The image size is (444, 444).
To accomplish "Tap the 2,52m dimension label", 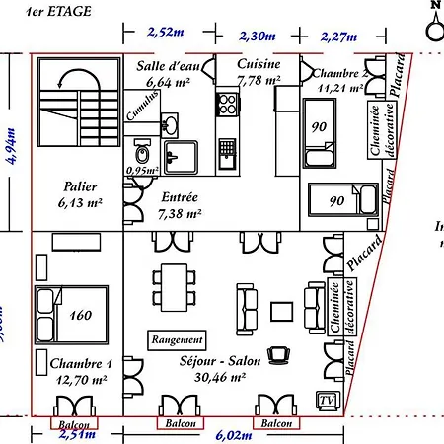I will coord(166,32).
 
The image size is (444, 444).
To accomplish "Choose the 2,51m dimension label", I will coord(75,433).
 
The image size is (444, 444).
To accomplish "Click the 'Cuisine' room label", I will coord(259,64).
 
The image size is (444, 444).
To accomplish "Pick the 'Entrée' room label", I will coord(179,196).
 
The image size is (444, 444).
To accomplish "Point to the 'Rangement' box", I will coord(178,338).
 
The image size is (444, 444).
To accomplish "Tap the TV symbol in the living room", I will coord(325,399).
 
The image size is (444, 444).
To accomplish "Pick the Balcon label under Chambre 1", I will coord(75,424).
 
